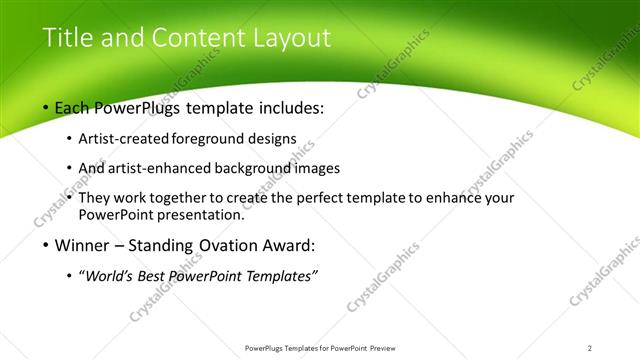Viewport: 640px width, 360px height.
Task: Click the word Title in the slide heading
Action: tap(64, 38)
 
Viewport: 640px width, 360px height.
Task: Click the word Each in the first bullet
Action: tap(73, 108)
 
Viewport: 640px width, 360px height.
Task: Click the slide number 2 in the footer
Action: tap(590, 347)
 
